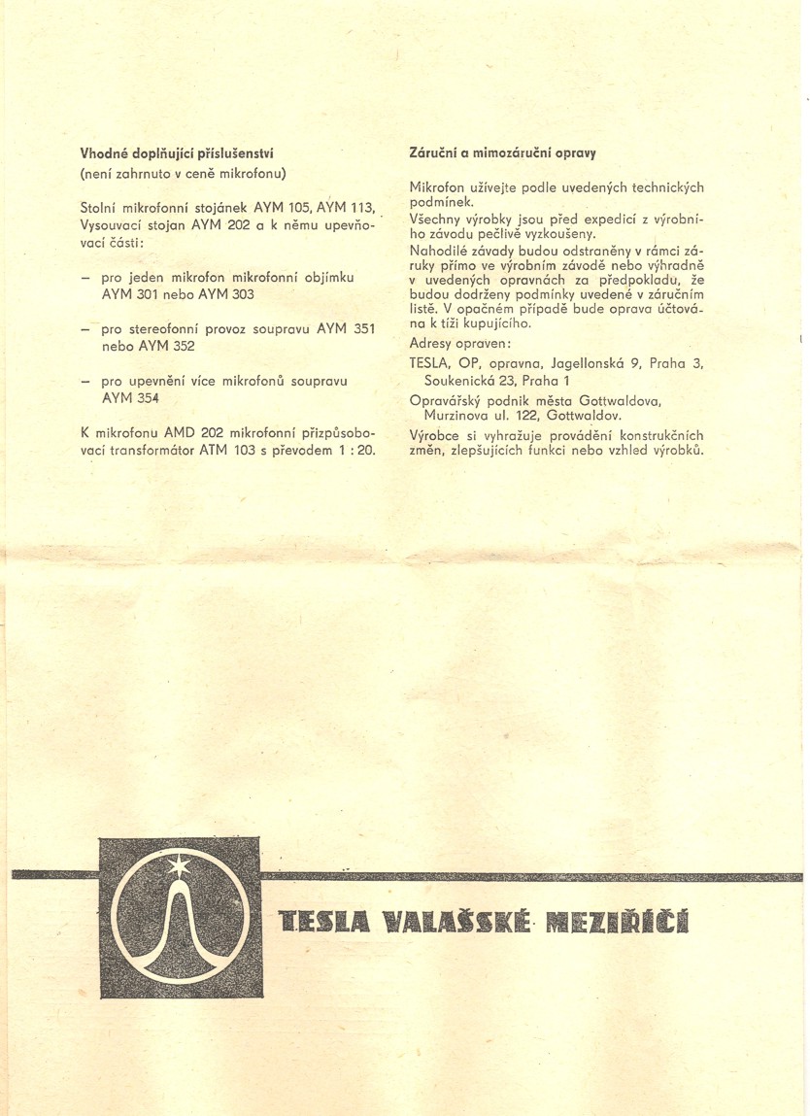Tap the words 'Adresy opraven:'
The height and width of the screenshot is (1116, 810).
point(454,344)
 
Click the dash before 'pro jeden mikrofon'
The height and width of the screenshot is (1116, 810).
point(84,276)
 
